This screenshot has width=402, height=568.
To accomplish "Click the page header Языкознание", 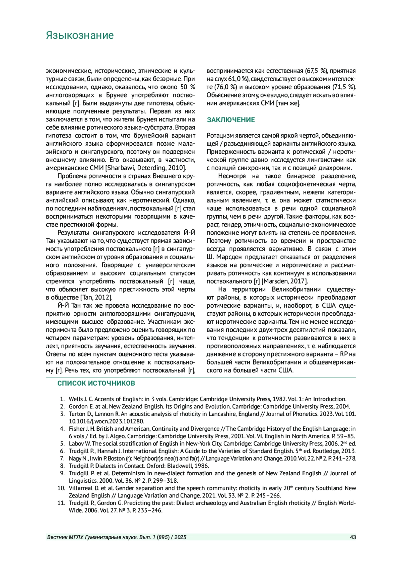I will [x=80, y=35].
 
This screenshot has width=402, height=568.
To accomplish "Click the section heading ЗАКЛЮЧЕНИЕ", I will [x=231, y=120].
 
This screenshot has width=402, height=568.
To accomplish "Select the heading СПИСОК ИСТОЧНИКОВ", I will [x=96, y=383].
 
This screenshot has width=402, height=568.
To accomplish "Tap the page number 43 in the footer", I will [x=353, y=537].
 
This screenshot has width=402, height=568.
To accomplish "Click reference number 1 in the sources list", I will [x=62, y=399].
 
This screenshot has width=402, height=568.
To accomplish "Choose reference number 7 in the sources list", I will [x=62, y=459].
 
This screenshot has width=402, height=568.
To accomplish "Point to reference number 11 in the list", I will [x=61, y=503].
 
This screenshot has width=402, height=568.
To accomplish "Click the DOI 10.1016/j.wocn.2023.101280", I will [x=106, y=421].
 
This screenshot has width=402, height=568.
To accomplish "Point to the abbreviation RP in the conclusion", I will [x=344, y=354].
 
